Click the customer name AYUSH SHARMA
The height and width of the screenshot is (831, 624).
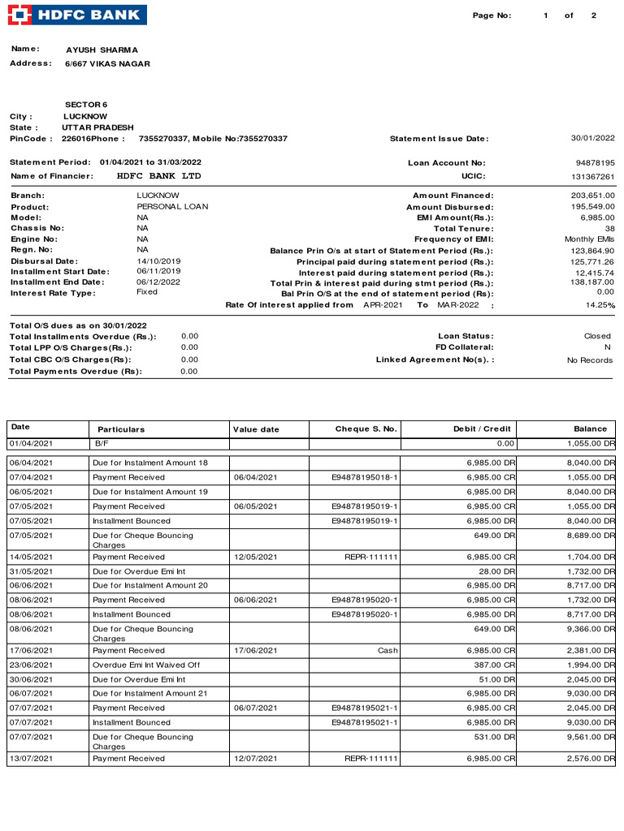[x=102, y=50]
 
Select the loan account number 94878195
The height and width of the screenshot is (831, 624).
[x=595, y=163]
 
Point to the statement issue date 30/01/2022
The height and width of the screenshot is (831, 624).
[x=592, y=138]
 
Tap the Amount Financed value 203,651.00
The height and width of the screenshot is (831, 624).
[x=592, y=196]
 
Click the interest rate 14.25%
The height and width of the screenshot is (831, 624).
[x=600, y=305]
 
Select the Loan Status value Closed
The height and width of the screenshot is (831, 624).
[x=597, y=336]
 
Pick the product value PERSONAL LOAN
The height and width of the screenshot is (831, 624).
[x=172, y=207]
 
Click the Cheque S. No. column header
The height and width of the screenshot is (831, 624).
[x=366, y=429]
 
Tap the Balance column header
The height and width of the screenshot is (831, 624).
[x=590, y=429]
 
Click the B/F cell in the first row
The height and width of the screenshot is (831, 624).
[x=102, y=444]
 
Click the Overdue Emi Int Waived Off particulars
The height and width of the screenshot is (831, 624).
[x=146, y=665]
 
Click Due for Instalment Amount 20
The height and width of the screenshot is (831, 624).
[x=150, y=585]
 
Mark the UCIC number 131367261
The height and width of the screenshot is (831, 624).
[x=592, y=176]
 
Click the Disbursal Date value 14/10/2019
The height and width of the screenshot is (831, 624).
[x=158, y=261]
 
